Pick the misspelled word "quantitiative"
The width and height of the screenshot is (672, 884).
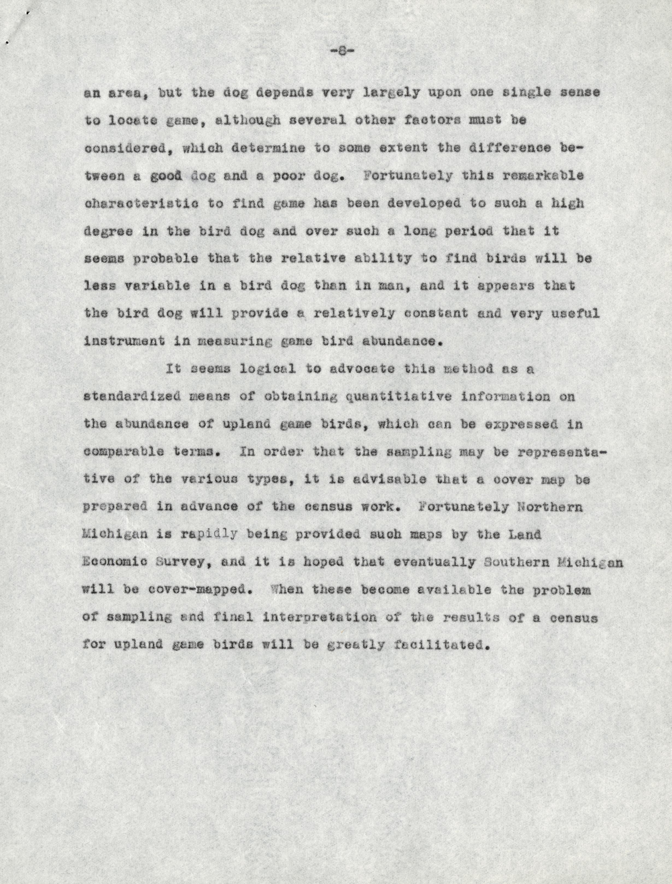coord(398,397)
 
